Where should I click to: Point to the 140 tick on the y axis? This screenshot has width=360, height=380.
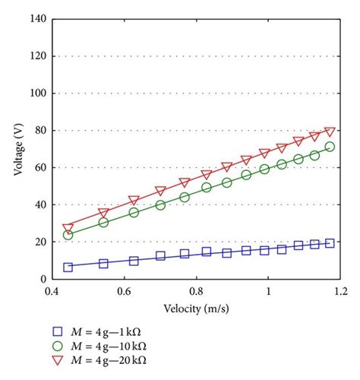click(36, 19)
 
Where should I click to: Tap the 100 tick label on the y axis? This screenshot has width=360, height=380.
click(36, 93)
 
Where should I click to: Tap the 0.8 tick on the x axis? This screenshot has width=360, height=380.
click(195, 291)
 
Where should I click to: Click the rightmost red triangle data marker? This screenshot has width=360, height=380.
click(330, 132)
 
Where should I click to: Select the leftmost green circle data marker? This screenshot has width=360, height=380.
click(68, 235)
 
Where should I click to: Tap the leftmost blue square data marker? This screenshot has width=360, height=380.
click(68, 267)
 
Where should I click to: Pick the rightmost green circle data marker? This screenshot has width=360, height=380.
click(330, 147)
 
